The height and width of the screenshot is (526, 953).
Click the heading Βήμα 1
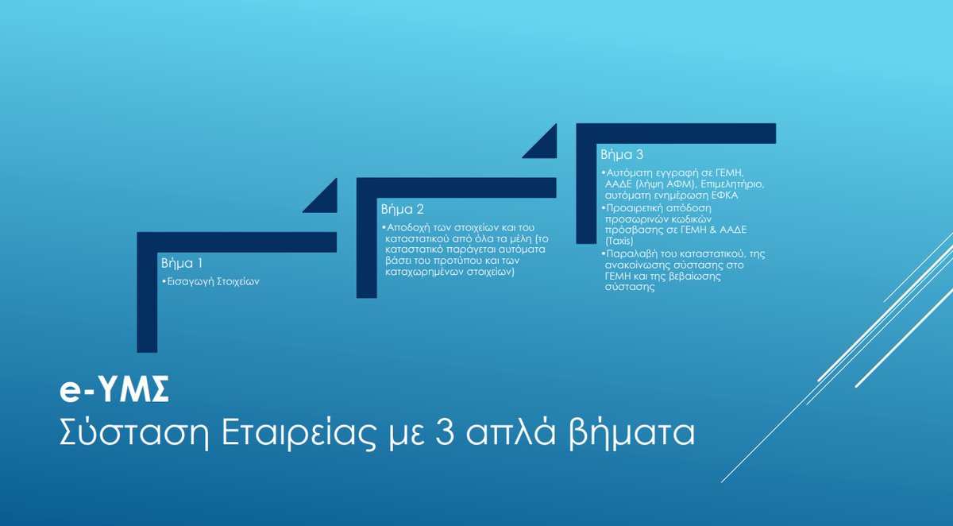182,264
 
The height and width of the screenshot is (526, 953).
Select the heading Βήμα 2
403,210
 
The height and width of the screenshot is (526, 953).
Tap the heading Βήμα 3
622,154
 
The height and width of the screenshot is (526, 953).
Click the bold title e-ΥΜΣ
114,390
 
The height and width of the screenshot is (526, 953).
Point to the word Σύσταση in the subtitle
133,434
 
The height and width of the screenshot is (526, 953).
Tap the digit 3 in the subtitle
445,433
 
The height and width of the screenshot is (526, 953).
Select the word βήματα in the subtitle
632,434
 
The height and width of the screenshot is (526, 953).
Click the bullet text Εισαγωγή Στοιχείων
213,282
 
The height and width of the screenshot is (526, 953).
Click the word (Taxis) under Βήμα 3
619,242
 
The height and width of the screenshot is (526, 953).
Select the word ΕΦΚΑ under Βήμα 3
725,195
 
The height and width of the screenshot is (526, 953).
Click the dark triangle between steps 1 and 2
326,201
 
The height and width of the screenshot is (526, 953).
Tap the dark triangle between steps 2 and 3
546,147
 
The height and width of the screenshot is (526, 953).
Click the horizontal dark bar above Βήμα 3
676,133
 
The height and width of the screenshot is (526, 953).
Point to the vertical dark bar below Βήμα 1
147,302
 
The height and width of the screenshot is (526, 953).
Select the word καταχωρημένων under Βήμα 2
425,272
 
